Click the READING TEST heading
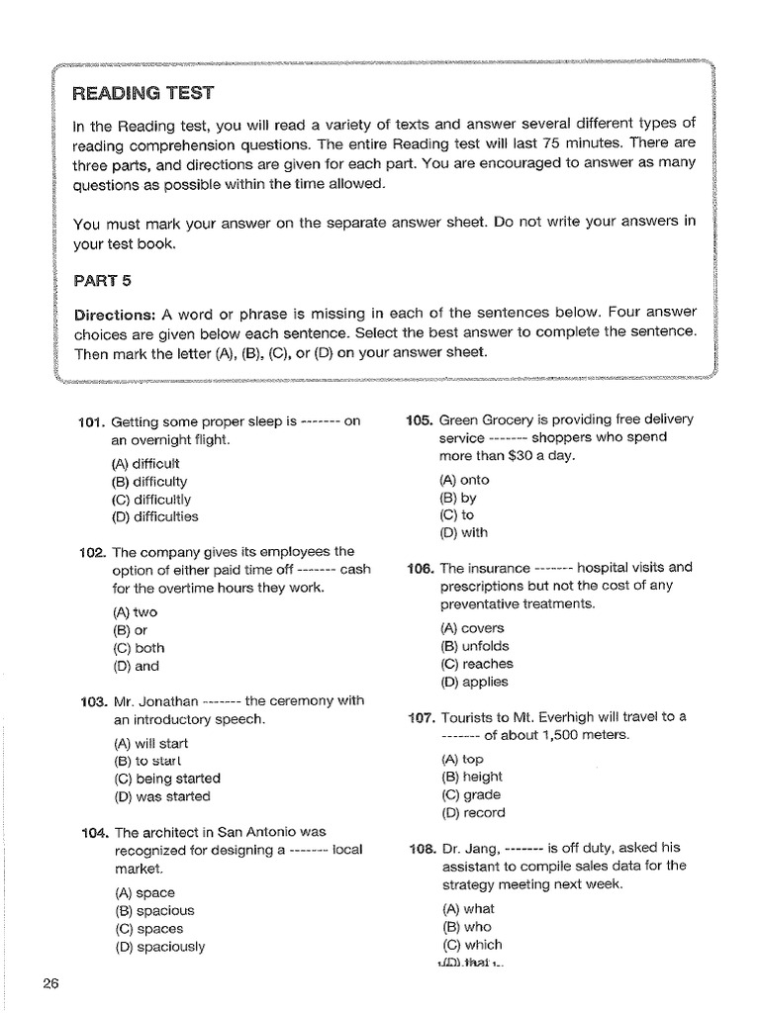[x=142, y=94]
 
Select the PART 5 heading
[x=102, y=280]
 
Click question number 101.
[x=91, y=421]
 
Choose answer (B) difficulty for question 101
[x=150, y=482]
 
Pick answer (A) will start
[x=150, y=743]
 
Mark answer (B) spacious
[x=154, y=910]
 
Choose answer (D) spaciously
[x=159, y=946]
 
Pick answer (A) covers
[x=472, y=628]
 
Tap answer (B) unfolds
[x=475, y=646]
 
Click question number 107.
[x=421, y=717]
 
